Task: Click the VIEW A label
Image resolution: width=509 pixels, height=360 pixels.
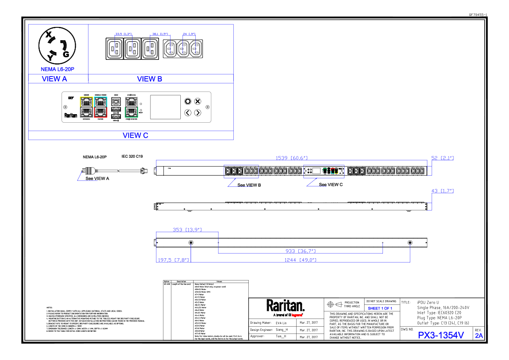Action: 54,79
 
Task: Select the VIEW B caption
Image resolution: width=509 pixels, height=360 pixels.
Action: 150,79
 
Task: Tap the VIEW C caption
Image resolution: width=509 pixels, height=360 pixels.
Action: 135,136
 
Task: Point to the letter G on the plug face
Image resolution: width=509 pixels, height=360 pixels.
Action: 66,54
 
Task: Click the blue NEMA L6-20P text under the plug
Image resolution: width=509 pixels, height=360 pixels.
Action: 58,69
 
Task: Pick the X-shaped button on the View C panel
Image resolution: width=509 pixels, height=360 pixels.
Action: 197,101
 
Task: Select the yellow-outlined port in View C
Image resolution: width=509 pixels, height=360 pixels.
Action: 86,102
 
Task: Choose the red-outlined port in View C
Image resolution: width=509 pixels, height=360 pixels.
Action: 100,112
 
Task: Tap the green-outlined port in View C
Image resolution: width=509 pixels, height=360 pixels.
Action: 131,112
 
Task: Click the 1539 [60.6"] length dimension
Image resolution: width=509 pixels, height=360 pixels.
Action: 291,158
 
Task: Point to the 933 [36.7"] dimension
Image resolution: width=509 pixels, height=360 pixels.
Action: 300,251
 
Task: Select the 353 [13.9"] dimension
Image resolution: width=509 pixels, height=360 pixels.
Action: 187,230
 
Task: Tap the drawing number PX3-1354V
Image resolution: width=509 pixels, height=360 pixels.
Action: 441,336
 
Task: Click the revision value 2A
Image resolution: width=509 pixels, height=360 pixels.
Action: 479,336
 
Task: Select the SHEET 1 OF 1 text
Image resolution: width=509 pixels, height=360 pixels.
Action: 380,308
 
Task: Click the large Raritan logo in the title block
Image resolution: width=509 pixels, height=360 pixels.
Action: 285,306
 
